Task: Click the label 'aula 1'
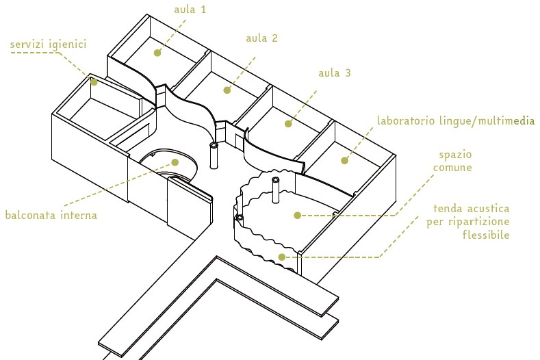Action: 190,10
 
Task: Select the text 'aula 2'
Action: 262,38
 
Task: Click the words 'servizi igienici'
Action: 48,44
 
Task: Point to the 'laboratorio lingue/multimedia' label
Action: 455,121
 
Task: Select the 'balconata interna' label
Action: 51,215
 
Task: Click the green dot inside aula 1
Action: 157,52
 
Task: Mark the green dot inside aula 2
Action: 227,90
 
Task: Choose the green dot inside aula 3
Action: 288,124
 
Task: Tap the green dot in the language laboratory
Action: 345,162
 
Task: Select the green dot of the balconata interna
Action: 175,162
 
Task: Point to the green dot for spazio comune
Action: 297,215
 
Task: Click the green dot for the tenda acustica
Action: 281,257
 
